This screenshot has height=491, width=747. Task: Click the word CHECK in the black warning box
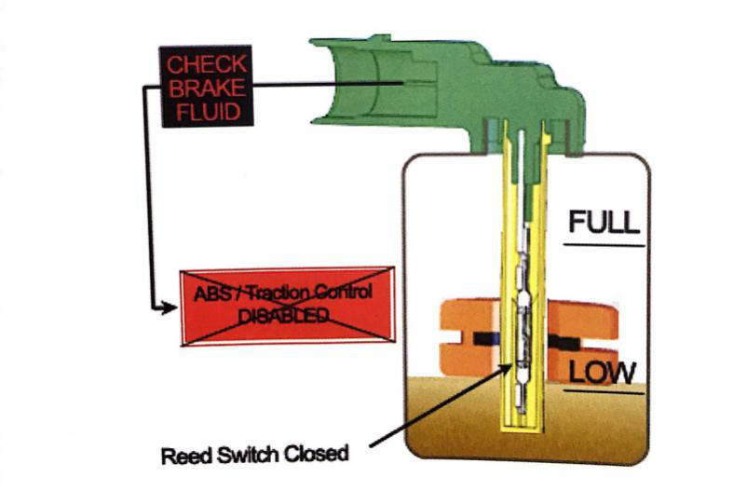pyautogui.click(x=207, y=65)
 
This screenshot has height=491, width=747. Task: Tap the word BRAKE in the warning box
pyautogui.click(x=207, y=89)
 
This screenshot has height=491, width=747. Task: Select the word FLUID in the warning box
pyautogui.click(x=207, y=113)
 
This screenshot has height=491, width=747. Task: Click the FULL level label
pyautogui.click(x=604, y=223)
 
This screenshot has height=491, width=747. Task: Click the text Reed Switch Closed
pyautogui.click(x=254, y=456)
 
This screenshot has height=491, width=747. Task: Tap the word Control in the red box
pyautogui.click(x=344, y=293)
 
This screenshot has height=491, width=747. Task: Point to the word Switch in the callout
pyautogui.click(x=252, y=456)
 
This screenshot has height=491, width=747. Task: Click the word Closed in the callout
pyautogui.click(x=318, y=456)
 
